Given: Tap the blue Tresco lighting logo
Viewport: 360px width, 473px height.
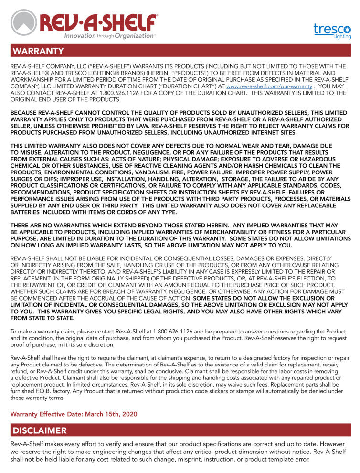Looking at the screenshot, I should coord(332,30).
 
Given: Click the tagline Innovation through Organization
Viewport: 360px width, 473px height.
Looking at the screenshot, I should coord(109,36).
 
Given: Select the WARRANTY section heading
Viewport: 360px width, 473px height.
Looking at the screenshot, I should coord(38,51).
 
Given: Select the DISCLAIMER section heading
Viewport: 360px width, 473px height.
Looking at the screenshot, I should coord(40,430).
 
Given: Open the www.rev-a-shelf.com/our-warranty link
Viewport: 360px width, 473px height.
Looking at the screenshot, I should coord(269,86).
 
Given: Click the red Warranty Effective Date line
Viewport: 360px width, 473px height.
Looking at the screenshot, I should coord(74,414).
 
